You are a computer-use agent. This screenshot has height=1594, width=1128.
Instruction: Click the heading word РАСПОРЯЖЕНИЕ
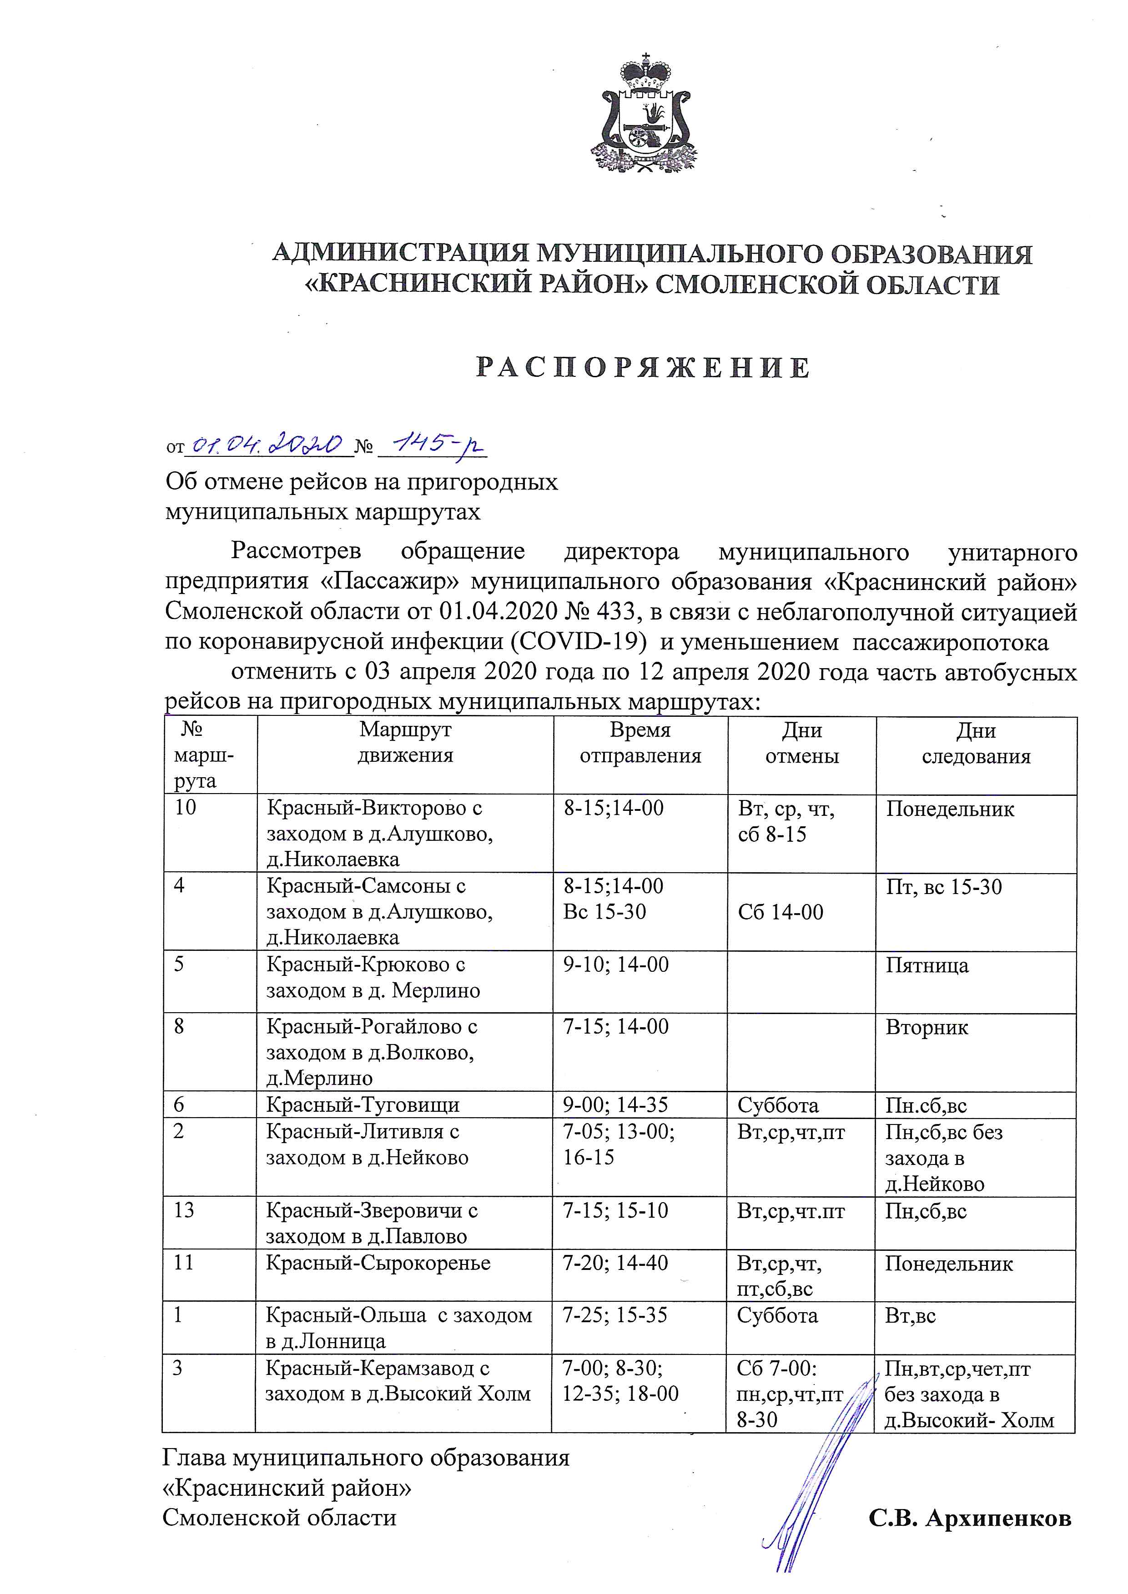click(x=643, y=368)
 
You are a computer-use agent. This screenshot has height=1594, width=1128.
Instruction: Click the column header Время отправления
click(x=640, y=743)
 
